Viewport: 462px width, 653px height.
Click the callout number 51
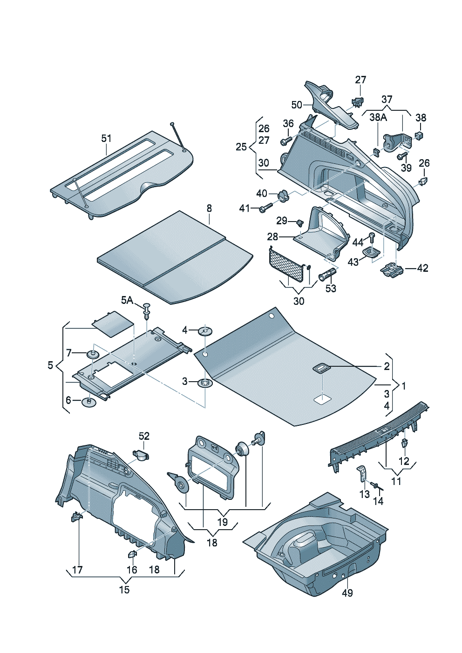[x=107, y=138]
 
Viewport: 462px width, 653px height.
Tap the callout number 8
[x=209, y=208]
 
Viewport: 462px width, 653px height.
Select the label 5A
[x=127, y=300]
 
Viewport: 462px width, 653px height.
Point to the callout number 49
[x=347, y=592]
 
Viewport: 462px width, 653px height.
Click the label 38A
[x=378, y=117]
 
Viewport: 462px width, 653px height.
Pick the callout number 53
[x=331, y=289]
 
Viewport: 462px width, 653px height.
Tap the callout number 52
[x=144, y=436]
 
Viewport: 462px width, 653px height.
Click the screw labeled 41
[x=264, y=209]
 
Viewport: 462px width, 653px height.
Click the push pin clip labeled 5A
[x=148, y=310]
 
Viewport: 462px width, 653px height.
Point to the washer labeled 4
[x=205, y=331]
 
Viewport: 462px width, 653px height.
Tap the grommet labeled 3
[x=205, y=384]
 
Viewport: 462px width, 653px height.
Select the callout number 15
[x=124, y=590]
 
